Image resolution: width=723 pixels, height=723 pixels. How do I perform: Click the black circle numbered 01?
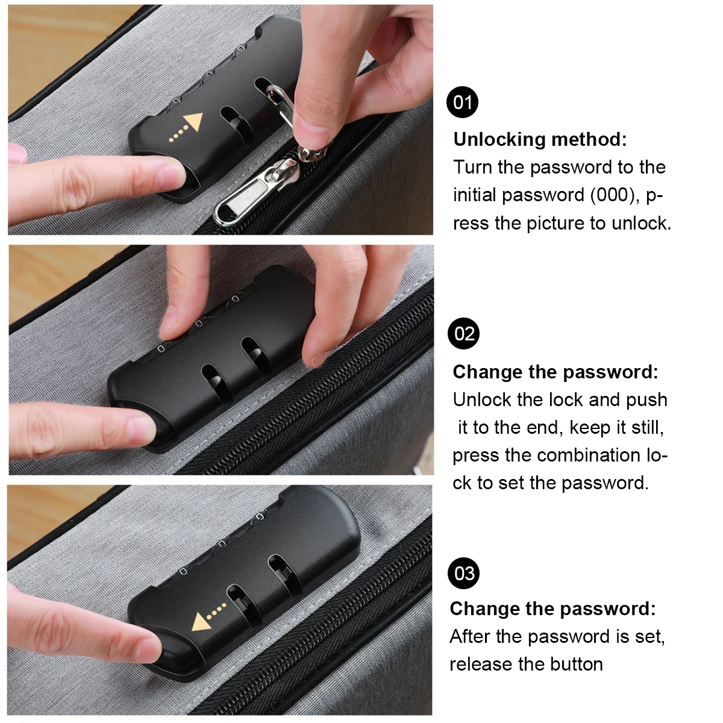[x=462, y=102]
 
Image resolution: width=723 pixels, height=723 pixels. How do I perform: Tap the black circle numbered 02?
[x=464, y=333]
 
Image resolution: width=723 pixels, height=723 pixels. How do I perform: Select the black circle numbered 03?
[x=464, y=573]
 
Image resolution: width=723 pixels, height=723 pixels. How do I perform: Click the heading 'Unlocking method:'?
[x=540, y=139]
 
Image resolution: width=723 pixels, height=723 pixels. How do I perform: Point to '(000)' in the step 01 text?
[x=613, y=195]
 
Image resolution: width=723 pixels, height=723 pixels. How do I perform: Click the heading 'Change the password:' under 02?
[x=555, y=372]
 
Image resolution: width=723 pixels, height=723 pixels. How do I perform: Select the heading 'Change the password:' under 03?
[x=552, y=609]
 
